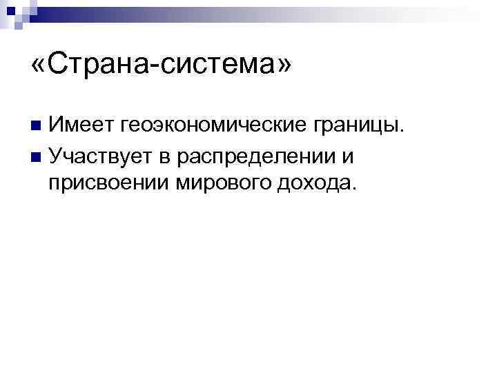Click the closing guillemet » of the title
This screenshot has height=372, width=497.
coord(284,65)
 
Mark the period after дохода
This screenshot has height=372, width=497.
coord(356,189)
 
